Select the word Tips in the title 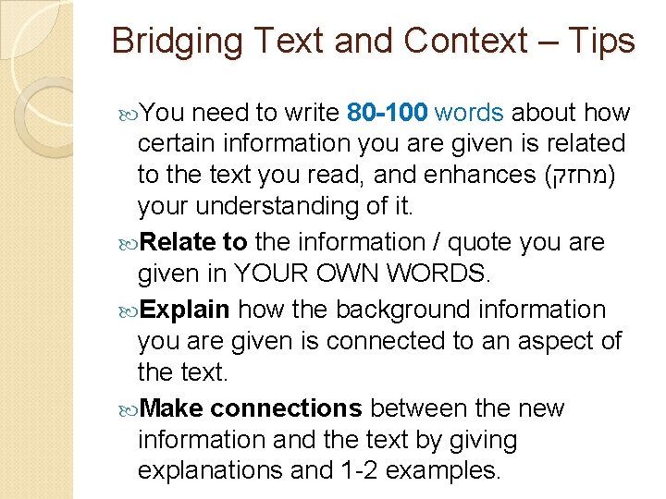coord(600,42)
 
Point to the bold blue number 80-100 coord(387,114)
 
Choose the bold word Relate coord(180,242)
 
